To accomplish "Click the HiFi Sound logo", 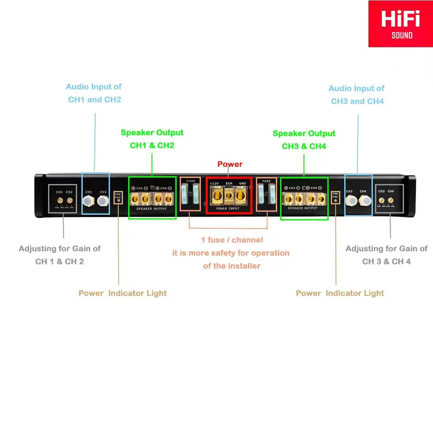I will pyautogui.click(x=400, y=24).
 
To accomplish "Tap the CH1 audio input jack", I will pyautogui.click(x=89, y=200).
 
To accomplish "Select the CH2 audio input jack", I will pyautogui.click(x=103, y=200).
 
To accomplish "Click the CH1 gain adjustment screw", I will pyautogui.click(x=59, y=200).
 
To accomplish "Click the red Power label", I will pyautogui.click(x=230, y=164).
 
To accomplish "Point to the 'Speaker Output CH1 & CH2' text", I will pyautogui.click(x=152, y=139).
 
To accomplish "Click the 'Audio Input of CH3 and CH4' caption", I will pyautogui.click(x=357, y=95).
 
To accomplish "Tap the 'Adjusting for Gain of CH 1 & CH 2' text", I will pyautogui.click(x=60, y=255).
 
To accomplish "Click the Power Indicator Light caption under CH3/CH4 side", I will pyautogui.click(x=340, y=293).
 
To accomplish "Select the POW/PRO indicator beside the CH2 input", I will pyautogui.click(x=118, y=197).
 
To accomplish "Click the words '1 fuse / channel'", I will pyautogui.click(x=232, y=240).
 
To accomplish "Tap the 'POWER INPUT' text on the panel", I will pyautogui.click(x=228, y=209).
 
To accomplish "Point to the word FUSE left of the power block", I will pyautogui.click(x=191, y=181).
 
